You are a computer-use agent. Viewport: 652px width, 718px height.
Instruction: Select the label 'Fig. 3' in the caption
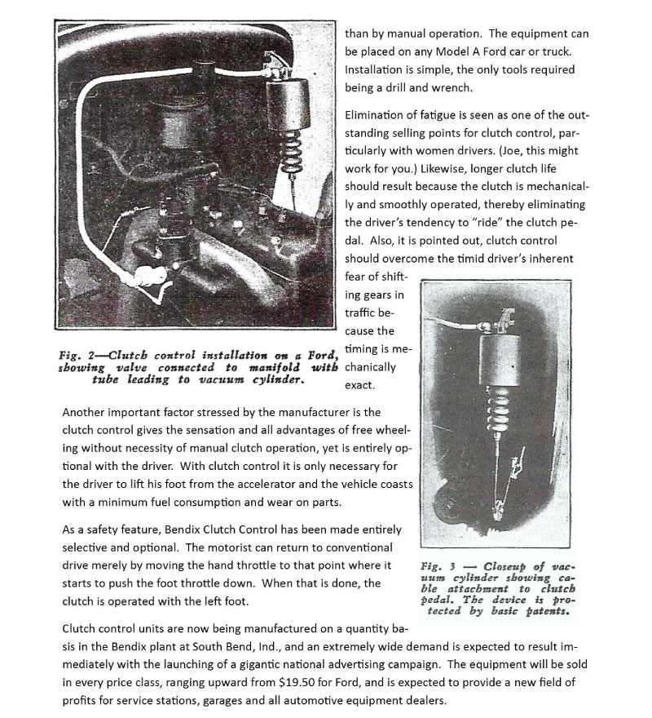point(436,565)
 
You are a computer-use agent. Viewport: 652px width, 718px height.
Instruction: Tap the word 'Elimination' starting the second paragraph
point(376,115)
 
